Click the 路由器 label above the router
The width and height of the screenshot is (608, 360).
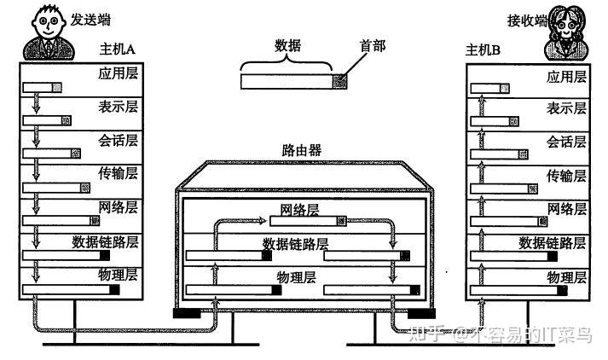click(x=302, y=150)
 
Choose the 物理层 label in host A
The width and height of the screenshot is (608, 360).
click(x=118, y=276)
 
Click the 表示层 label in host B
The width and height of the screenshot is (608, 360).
click(x=566, y=108)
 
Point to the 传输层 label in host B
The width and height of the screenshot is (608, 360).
click(x=566, y=176)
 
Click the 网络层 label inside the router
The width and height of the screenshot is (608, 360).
click(x=299, y=210)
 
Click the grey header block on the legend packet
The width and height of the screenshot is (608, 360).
click(x=340, y=81)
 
